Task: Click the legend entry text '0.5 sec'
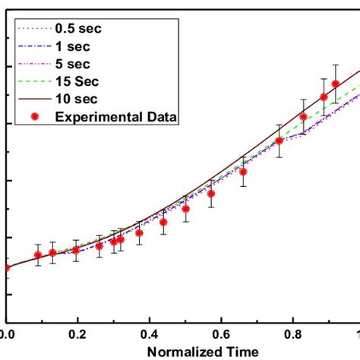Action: [x=78, y=29]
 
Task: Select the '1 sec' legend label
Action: [x=71, y=46]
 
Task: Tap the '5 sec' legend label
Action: [x=71, y=63]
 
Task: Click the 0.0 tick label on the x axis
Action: [x=7, y=333]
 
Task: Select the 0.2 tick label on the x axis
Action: [x=77, y=333]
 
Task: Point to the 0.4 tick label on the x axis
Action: [x=149, y=333]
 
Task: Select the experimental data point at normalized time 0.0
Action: [x=7, y=267]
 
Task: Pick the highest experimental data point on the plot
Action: [x=335, y=84]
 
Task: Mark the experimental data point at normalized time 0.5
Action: [x=185, y=209]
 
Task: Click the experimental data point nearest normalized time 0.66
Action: [x=243, y=172]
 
